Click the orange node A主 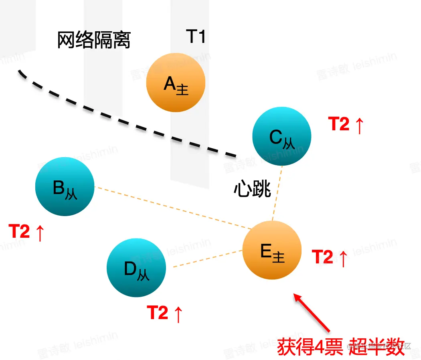click(176, 83)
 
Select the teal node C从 click(282, 136)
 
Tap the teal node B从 click(65, 187)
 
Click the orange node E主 click(272, 250)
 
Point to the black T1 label click(196, 37)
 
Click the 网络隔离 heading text click(94, 40)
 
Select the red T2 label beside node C click(339, 124)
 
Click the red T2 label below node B click(19, 232)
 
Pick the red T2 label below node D click(158, 313)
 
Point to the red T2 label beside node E click(322, 257)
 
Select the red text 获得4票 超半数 click(341, 346)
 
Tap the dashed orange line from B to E click(172, 208)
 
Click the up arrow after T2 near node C click(358, 125)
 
